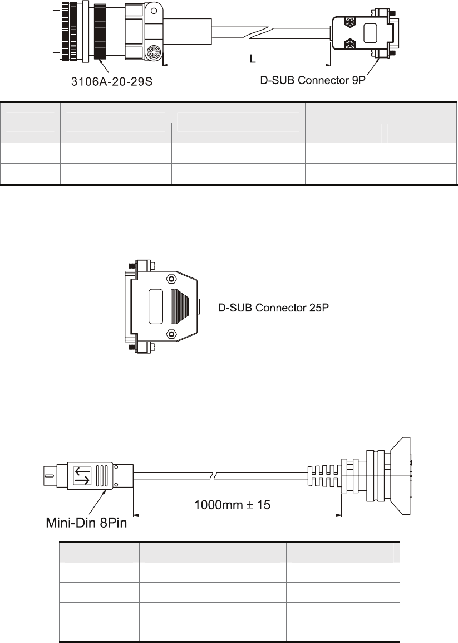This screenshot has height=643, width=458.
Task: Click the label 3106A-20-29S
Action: coord(111,81)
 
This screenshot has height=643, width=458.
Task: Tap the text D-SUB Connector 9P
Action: coord(313,80)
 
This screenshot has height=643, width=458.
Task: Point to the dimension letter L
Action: coord(253,59)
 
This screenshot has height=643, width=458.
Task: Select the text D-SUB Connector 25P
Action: coord(273,308)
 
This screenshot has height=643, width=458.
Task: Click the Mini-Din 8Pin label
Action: coord(86,523)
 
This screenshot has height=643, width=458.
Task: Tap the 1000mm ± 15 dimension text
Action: coord(232,505)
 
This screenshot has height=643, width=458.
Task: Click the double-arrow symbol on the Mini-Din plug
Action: coord(82,476)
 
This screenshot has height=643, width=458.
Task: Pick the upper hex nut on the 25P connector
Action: coord(171,279)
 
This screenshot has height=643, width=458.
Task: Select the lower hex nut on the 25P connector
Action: coord(171,334)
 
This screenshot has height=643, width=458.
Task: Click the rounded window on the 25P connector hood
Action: coord(156,307)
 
